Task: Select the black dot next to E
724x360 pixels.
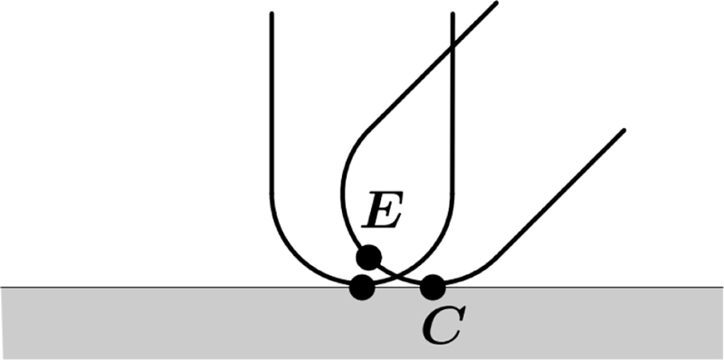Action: (367, 258)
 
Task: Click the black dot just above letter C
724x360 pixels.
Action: (433, 288)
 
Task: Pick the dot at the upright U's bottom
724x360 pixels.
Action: (362, 288)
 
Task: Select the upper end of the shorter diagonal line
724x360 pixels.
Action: (624, 130)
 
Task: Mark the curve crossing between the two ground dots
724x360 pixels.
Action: (395, 275)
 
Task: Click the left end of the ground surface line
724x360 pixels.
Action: (2, 287)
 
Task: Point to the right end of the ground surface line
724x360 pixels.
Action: (721, 287)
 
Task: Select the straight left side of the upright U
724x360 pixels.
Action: (271, 109)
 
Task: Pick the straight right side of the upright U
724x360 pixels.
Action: (452, 136)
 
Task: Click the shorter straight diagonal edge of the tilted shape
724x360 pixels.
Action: (561, 194)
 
